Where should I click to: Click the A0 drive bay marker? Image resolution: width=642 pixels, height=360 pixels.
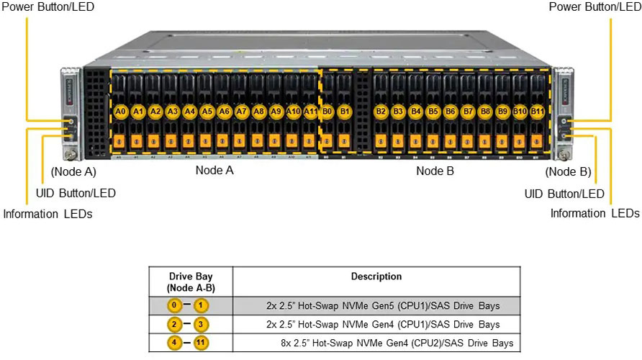(120, 112)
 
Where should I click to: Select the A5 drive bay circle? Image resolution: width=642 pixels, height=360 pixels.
(207, 112)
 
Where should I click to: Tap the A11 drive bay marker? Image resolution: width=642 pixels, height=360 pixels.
(310, 112)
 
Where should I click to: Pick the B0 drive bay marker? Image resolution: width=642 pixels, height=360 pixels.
(327, 112)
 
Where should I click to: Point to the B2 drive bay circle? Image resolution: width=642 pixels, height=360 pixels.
(381, 112)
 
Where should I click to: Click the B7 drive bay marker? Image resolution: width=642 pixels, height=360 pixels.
(468, 112)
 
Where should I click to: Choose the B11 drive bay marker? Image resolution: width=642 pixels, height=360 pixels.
(537, 112)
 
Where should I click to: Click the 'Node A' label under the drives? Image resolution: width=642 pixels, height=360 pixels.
(214, 171)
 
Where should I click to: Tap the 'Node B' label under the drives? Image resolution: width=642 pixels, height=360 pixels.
(435, 171)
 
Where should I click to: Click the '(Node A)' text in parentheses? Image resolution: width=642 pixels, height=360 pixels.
(73, 171)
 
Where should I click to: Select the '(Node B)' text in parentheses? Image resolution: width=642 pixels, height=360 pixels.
(568, 171)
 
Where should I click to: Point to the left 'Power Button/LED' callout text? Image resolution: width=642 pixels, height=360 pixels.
(48, 6)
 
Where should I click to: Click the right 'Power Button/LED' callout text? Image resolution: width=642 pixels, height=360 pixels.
(594, 6)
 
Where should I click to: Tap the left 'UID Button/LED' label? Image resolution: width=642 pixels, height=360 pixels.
(76, 193)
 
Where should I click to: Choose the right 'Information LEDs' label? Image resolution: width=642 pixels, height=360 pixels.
(594, 213)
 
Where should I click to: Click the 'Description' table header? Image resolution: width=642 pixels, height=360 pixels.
(376, 276)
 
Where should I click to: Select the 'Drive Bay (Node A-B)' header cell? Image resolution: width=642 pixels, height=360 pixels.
(191, 282)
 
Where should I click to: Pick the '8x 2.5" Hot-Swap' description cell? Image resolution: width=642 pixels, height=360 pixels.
(397, 343)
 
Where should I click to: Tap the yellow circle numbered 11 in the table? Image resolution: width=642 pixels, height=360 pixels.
(203, 343)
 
